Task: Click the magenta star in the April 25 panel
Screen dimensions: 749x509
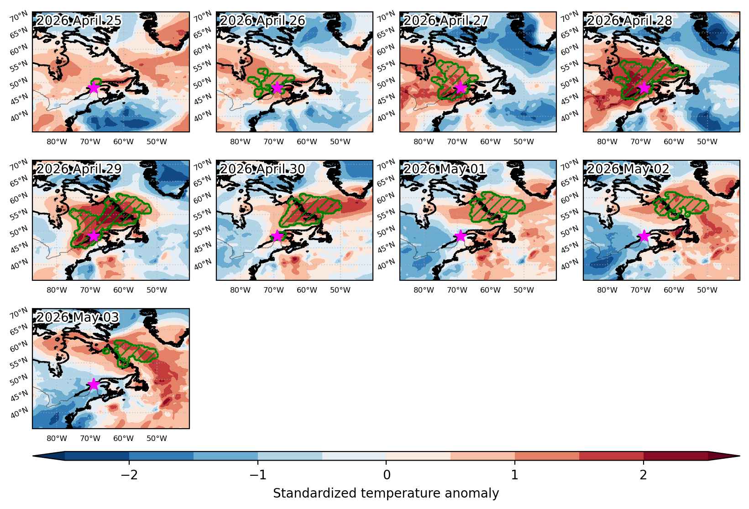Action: pyautogui.click(x=94, y=88)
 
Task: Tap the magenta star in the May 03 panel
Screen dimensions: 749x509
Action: pyautogui.click(x=94, y=384)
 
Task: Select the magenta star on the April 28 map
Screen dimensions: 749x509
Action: pyautogui.click(x=644, y=88)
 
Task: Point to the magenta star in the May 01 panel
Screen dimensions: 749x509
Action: pyautogui.click(x=461, y=236)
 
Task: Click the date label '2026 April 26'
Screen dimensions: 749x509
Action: pyautogui.click(x=262, y=21)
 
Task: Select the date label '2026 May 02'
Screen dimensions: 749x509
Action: pyautogui.click(x=628, y=169)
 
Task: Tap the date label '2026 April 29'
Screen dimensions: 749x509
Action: pyautogui.click(x=79, y=169)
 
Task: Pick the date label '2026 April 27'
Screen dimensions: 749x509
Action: pyautogui.click(x=446, y=21)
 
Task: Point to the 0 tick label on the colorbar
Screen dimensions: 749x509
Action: pyautogui.click(x=387, y=475)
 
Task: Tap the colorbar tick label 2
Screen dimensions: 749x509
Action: pyautogui.click(x=644, y=475)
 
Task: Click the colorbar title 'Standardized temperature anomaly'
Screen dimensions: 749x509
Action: pyautogui.click(x=386, y=493)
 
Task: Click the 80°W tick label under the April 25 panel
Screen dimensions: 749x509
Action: pyautogui.click(x=57, y=142)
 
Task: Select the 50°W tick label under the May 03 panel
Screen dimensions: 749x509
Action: pyautogui.click(x=157, y=438)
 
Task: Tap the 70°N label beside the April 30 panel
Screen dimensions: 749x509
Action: pyautogui.click(x=203, y=164)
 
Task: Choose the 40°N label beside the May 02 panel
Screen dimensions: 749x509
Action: pyautogui.click(x=570, y=264)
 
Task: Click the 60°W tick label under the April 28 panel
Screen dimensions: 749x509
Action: pyautogui.click(x=674, y=142)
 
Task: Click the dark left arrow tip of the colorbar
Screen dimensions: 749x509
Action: pyautogui.click(x=33, y=456)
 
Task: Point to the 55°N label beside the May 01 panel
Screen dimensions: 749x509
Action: pyautogui.click(x=386, y=215)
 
